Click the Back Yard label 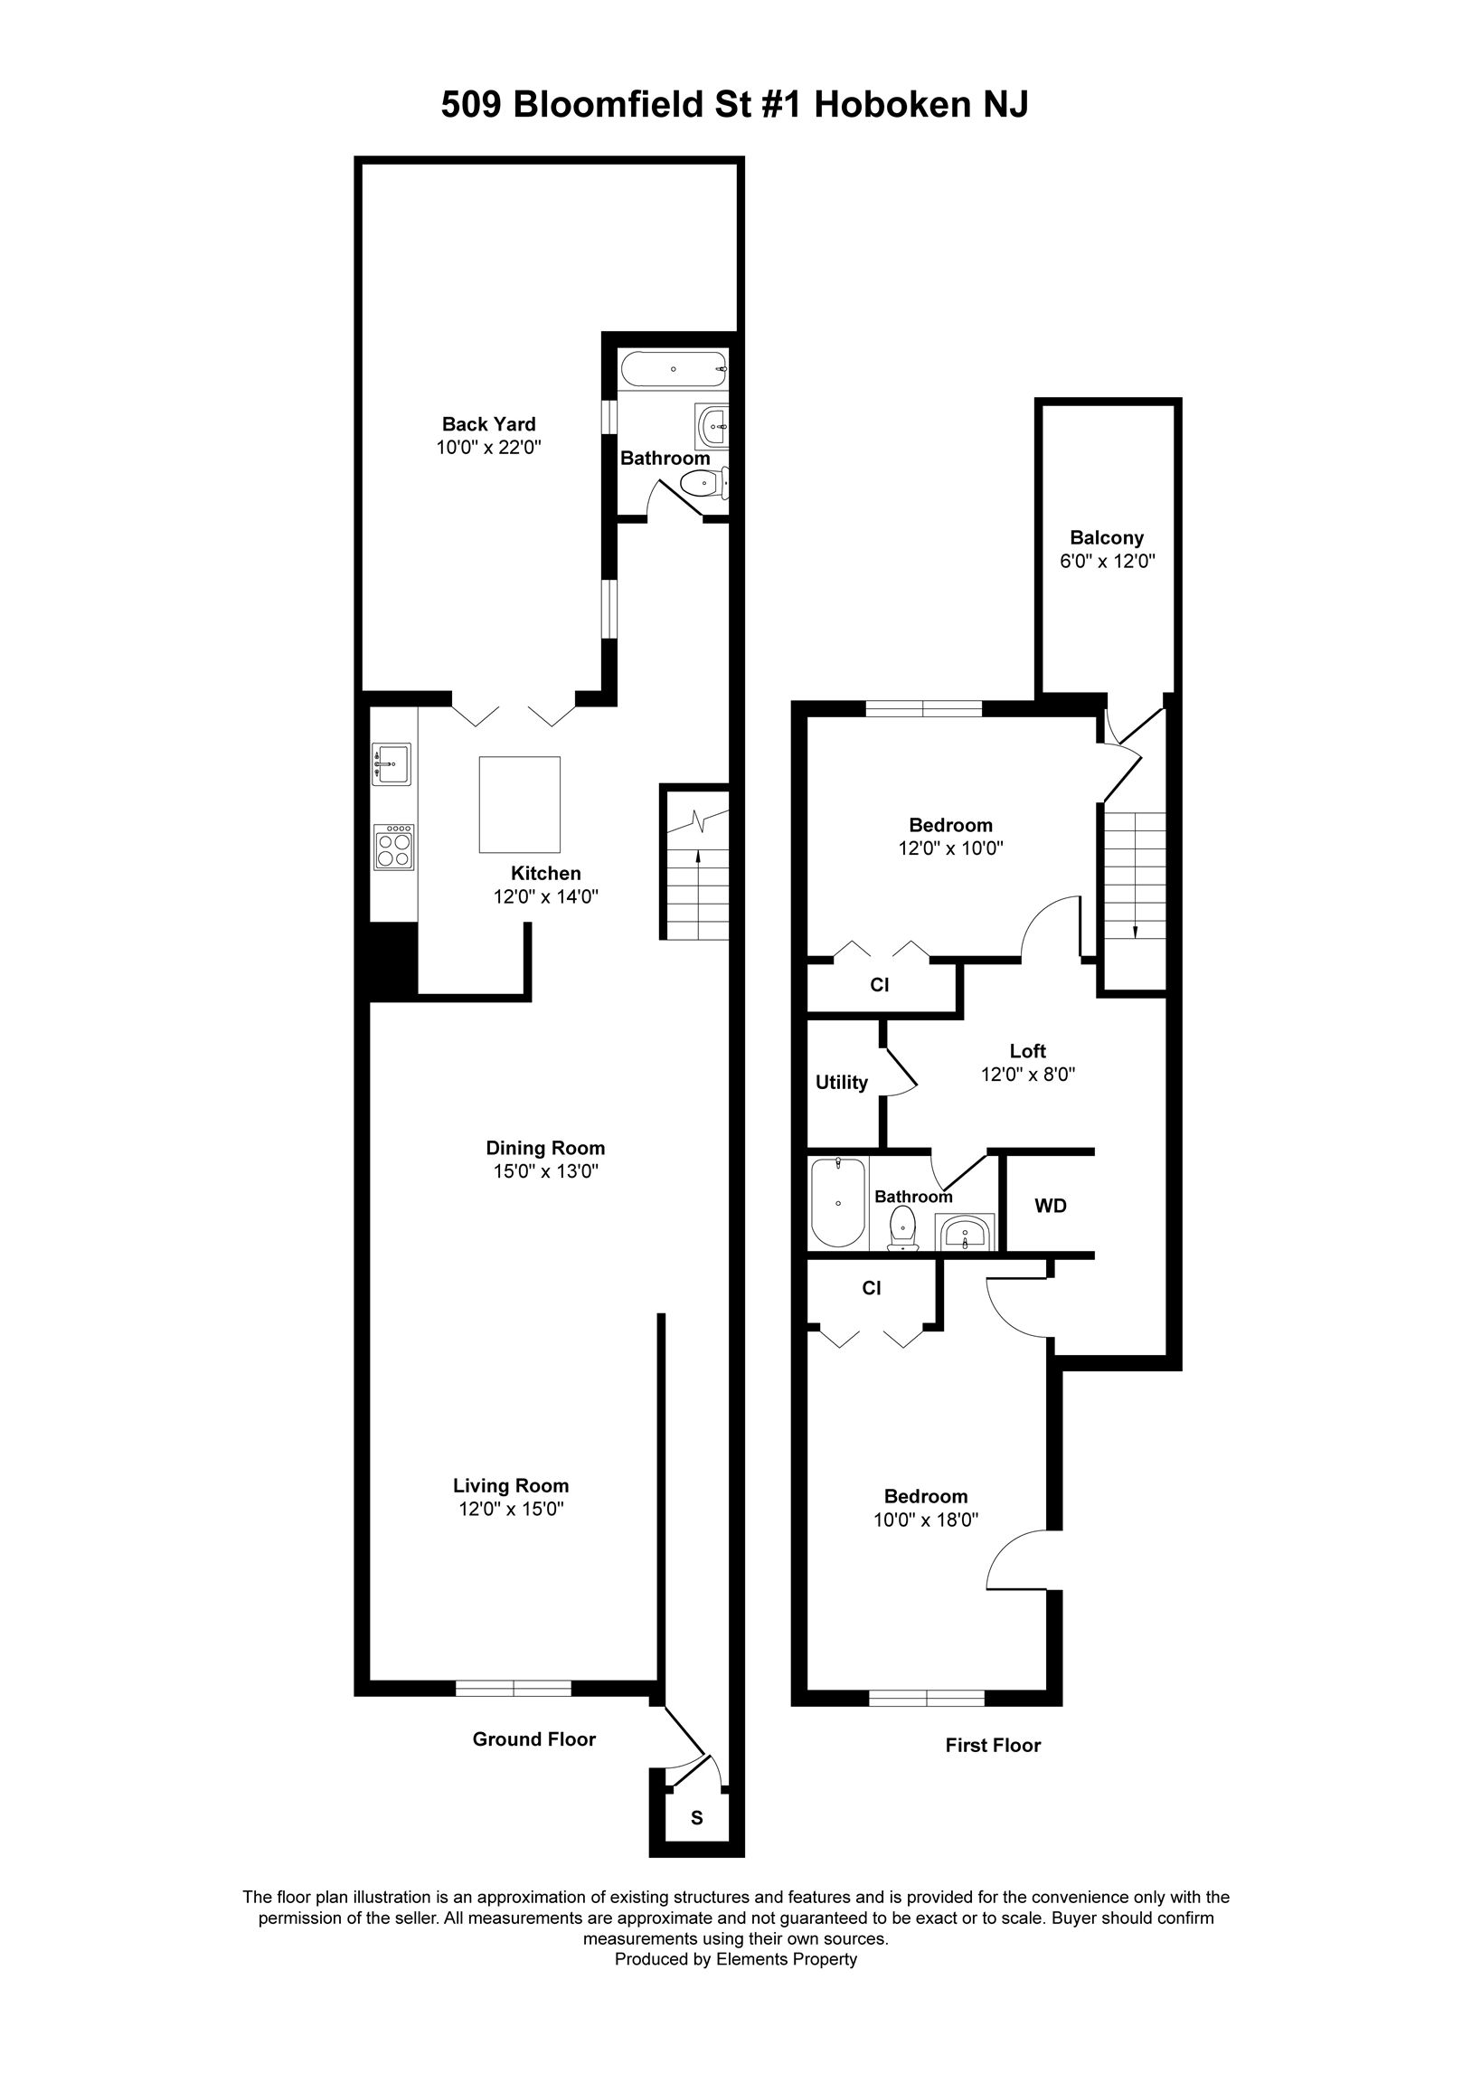click(x=488, y=424)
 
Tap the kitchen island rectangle click(x=519, y=804)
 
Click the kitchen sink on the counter click(x=392, y=763)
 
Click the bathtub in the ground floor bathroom click(x=674, y=369)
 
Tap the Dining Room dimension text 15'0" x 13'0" click(x=545, y=1170)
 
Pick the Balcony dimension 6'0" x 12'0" click(x=1107, y=561)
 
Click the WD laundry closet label click(x=1050, y=1206)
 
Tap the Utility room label click(x=841, y=1082)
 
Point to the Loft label click(x=1027, y=1050)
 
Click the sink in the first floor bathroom click(x=966, y=1233)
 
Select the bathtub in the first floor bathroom click(x=837, y=1203)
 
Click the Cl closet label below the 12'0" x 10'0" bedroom click(x=879, y=984)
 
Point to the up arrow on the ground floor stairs click(x=697, y=856)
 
